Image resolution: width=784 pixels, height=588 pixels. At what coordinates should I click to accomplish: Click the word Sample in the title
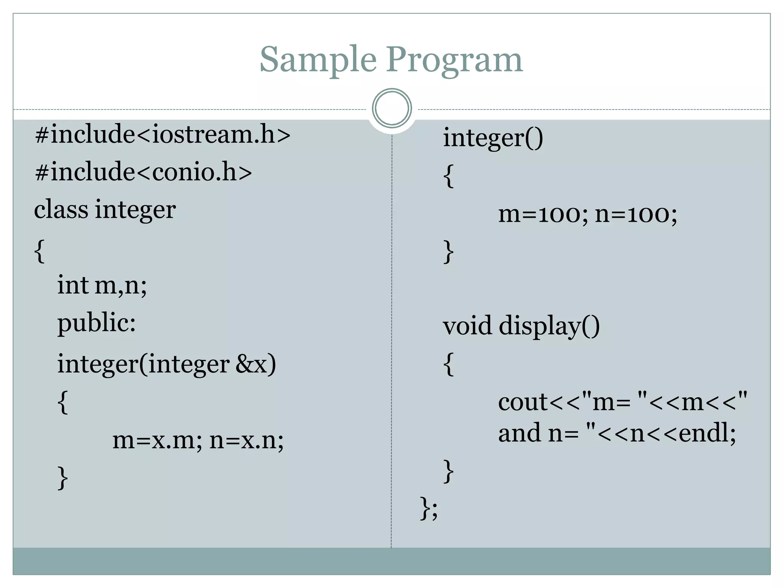coord(318,60)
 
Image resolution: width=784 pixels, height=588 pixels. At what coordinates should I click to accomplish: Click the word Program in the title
coord(454,60)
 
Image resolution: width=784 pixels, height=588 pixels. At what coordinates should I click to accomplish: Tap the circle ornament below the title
coord(392,108)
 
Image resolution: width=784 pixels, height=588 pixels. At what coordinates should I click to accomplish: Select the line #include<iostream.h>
coord(162,135)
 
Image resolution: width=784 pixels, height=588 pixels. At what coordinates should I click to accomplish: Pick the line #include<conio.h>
coord(143,172)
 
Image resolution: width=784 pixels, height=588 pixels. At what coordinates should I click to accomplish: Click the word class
coord(61,209)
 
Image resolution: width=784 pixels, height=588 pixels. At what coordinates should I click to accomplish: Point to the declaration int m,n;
coord(102,285)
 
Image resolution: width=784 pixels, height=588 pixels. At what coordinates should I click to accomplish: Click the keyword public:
coord(96,323)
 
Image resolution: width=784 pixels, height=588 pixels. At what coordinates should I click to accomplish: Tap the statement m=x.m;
coord(157,440)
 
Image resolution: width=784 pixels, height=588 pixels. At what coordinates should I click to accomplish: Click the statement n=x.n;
coord(247,440)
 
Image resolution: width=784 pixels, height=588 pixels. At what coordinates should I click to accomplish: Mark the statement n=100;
coord(636,214)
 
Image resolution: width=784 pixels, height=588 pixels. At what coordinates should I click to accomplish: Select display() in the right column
coord(549,326)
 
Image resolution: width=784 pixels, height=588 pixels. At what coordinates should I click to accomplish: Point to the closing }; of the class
coord(429,508)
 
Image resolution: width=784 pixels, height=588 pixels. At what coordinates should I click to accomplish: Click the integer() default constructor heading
coord(493,138)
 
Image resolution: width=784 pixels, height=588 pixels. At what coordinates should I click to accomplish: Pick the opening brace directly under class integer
coord(39,251)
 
